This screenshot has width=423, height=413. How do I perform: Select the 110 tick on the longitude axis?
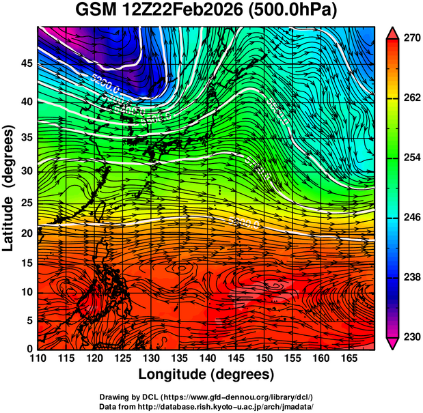38,358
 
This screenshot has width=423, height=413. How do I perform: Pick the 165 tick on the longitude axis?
346,358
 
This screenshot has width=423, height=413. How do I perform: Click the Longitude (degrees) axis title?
206,374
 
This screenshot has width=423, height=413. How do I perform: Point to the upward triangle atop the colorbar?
392,32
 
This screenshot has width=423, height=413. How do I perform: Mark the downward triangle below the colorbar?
392,343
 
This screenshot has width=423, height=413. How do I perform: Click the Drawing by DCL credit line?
206,397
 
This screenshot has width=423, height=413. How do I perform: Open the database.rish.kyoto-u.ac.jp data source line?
206,405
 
